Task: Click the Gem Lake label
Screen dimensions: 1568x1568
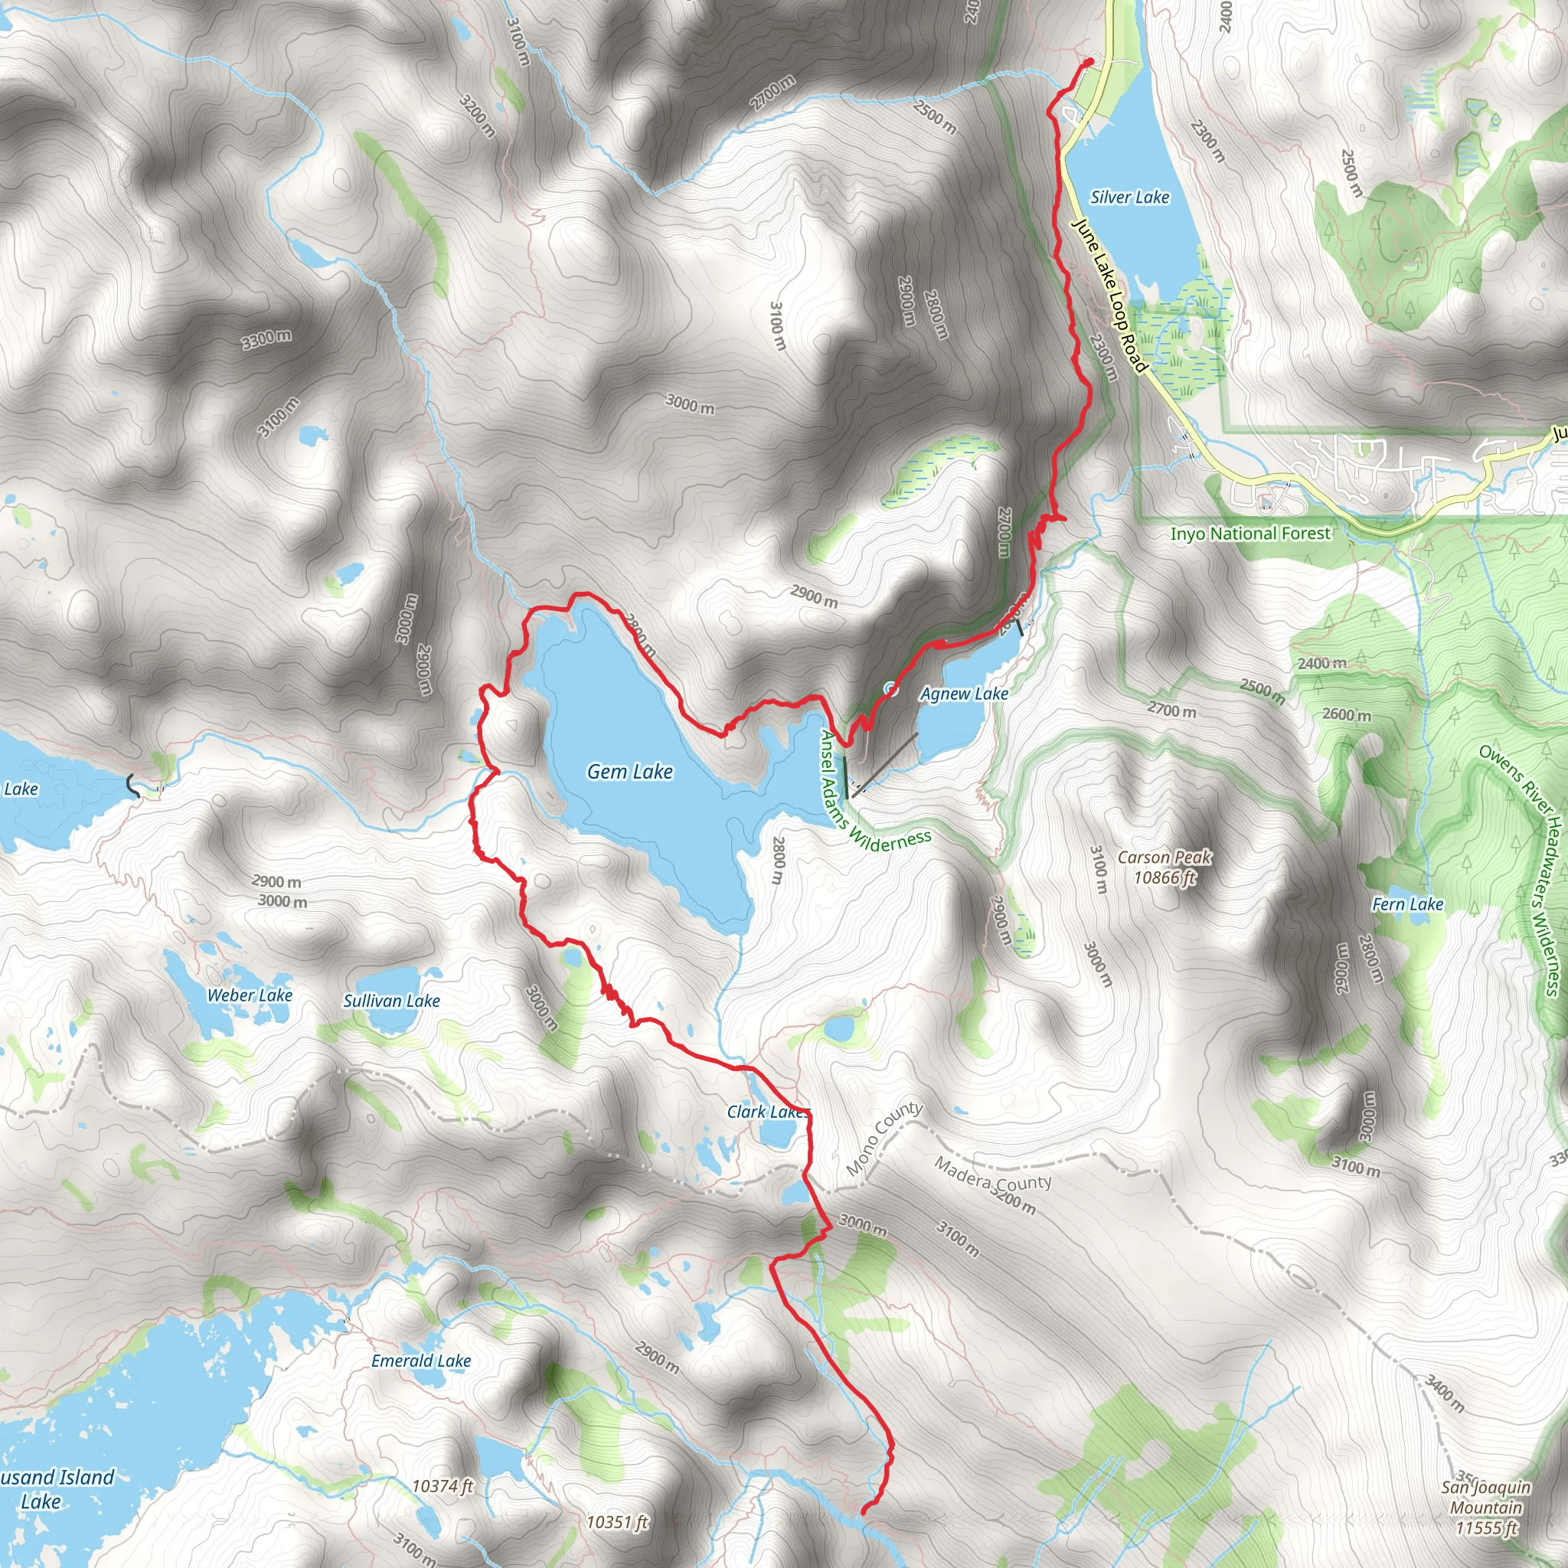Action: [x=630, y=772]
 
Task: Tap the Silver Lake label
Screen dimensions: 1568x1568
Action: [x=1129, y=198]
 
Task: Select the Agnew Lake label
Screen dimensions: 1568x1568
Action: [x=963, y=694]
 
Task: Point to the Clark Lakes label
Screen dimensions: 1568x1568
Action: [x=767, y=1112]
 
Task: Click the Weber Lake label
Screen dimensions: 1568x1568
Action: [x=249, y=996]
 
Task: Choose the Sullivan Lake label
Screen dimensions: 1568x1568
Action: [x=391, y=1001]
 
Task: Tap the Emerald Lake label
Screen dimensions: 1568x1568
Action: [x=420, y=1361]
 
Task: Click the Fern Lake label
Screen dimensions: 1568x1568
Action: [x=1407, y=904]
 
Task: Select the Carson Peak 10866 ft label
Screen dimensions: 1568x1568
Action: [x=1165, y=867]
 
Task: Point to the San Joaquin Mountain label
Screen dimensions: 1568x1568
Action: [x=1485, y=1507]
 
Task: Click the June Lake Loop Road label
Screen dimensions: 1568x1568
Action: [x=1109, y=296]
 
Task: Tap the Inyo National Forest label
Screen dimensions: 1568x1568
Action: [x=1249, y=533]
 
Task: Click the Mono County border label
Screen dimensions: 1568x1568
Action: [x=884, y=1138]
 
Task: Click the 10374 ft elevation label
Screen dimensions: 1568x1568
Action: [x=443, y=1486]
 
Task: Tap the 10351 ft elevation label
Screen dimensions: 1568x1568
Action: [x=617, y=1522]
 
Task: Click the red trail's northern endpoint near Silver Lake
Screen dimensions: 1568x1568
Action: [x=1089, y=61]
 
